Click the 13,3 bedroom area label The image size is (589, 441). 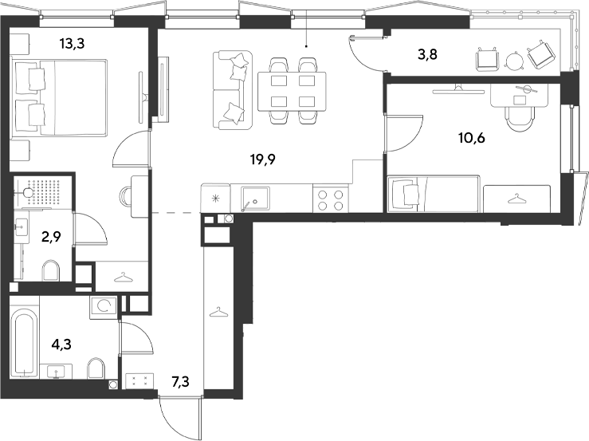click(72, 44)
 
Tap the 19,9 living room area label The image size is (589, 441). click(263, 159)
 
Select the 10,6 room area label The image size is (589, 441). click(471, 138)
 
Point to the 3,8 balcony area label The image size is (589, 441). click(427, 55)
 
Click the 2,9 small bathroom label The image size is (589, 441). click(52, 237)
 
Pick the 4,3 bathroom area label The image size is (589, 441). click(61, 344)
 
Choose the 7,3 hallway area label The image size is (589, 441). click(180, 382)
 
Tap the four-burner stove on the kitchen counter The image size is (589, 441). click(331, 199)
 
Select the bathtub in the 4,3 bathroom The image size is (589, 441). click(24, 343)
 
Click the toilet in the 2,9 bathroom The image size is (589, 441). click(51, 270)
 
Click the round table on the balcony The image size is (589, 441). click(514, 60)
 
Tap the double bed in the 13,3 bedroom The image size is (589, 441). click(60, 97)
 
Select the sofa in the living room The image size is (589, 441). click(233, 91)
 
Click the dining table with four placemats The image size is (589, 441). click(292, 92)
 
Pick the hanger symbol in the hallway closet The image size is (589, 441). click(218, 312)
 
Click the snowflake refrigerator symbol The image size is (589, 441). click(216, 198)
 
